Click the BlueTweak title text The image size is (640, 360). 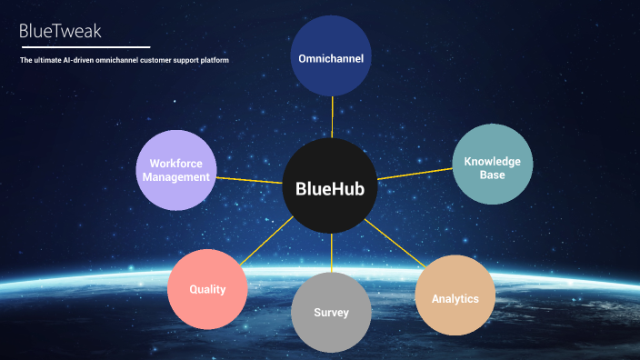click(x=60, y=32)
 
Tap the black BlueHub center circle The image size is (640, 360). click(x=329, y=188)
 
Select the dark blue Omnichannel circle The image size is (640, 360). click(x=332, y=56)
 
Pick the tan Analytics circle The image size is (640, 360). click(x=455, y=295)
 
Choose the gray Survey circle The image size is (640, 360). click(x=331, y=312)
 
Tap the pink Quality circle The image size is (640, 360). click(x=207, y=289)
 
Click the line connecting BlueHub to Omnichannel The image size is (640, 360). click(x=332, y=118)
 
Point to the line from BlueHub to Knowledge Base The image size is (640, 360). click(x=414, y=173)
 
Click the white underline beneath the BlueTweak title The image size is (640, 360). click(x=84, y=46)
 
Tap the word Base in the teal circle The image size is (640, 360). click(x=492, y=174)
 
